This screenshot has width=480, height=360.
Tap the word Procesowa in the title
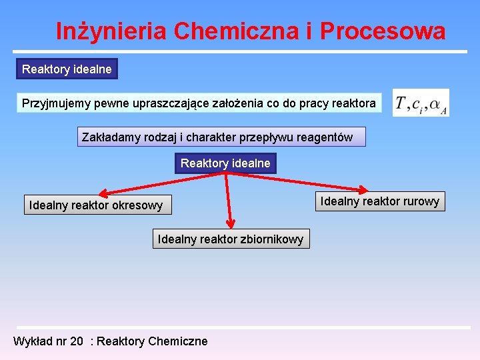tap(383, 31)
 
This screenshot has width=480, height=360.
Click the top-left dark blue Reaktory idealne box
tap(67, 69)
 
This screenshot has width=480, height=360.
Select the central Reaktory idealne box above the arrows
tap(225, 163)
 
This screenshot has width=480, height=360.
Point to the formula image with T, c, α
tap(421, 103)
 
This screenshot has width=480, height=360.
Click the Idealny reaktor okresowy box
tap(96, 205)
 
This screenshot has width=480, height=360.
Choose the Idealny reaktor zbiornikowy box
tap(231, 239)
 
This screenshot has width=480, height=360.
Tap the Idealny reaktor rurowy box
tap(380, 201)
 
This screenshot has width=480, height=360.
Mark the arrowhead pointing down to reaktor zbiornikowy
tap(230, 223)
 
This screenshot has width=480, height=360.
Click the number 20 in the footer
tap(77, 341)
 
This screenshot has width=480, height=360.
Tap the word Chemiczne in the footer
tap(177, 341)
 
